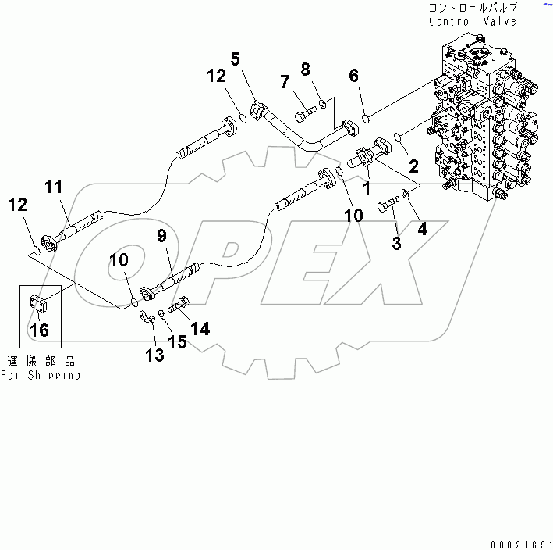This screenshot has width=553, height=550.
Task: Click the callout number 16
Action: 39,330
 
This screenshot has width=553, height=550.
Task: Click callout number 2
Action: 413,165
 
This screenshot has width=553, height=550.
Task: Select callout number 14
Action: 200,329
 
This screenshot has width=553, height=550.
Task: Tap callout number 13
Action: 154,355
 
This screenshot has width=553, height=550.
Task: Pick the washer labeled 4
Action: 406,193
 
